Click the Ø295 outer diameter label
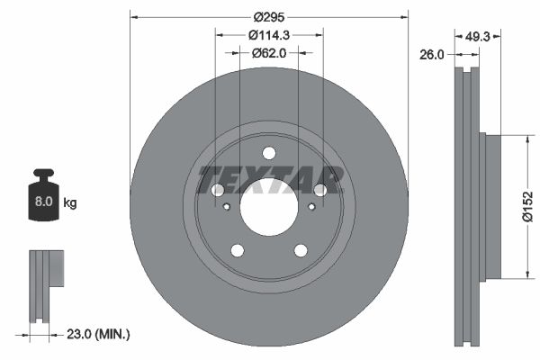pos(269,17)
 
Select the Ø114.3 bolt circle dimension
pos(269,35)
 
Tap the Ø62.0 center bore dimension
pos(269,53)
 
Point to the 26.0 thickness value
pos(433,55)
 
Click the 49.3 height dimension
pos(477,37)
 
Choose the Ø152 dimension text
pos(529,207)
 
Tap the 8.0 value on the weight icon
pos(43,203)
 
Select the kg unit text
pos(70,203)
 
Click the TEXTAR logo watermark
pos(269,180)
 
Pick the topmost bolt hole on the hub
pos(269,152)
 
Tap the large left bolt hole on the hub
pos(218,190)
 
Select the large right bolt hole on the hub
pos(320,190)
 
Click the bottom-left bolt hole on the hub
pos(238,250)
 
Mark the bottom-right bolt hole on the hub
pos(301,250)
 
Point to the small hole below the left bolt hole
pos(226,207)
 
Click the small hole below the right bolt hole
pos(312,207)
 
